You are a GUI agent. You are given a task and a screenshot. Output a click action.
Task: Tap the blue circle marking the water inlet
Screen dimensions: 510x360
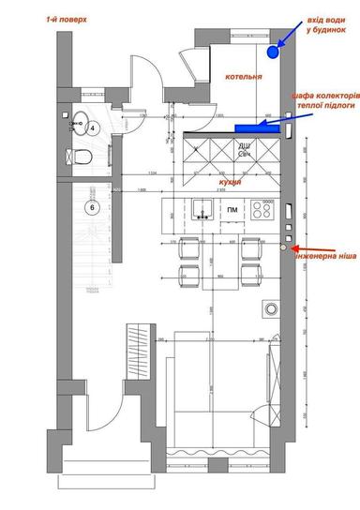[273, 52]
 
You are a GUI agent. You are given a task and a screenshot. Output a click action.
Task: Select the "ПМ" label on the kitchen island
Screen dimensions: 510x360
[232, 210]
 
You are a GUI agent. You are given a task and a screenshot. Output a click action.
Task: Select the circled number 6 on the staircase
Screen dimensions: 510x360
[93, 207]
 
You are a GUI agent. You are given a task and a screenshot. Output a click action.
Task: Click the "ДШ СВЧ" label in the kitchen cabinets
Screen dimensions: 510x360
[243, 150]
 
